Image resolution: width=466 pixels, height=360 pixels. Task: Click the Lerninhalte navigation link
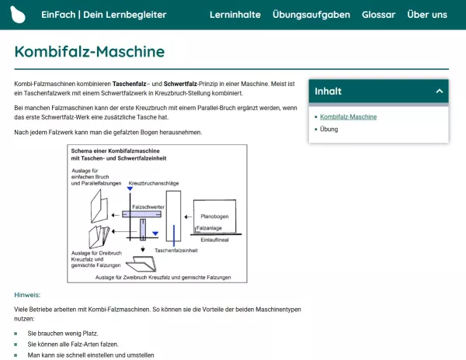235,15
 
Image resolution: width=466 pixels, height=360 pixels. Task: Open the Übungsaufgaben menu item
311,15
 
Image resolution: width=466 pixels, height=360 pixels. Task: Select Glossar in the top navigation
378,15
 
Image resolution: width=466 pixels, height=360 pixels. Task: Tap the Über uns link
427,15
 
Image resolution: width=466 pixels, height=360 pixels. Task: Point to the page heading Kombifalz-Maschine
89,52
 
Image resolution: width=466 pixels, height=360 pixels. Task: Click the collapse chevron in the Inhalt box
439,92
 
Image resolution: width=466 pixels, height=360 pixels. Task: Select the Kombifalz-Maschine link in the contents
348,116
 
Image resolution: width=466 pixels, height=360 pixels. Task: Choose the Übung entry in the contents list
329,129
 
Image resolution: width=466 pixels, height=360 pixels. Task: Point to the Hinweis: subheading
27,295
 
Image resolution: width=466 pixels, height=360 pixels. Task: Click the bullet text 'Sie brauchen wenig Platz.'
63,333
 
